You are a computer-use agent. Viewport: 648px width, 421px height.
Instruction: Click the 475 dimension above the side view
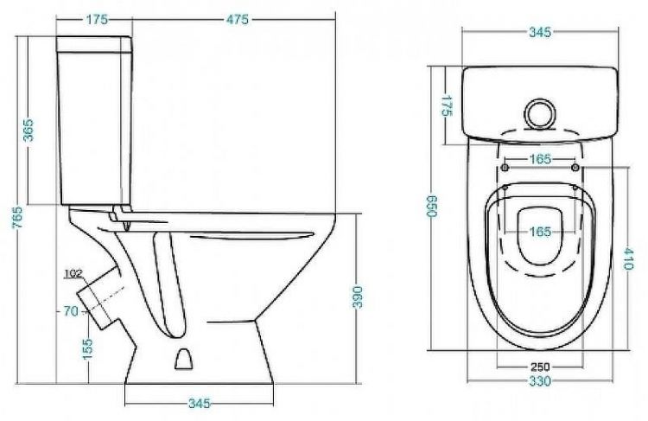click(x=238, y=19)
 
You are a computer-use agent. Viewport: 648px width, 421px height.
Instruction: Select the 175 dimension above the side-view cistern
click(x=97, y=19)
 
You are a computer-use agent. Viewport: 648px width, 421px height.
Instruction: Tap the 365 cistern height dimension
click(x=29, y=130)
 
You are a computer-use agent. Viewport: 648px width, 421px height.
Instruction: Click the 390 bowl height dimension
click(x=357, y=297)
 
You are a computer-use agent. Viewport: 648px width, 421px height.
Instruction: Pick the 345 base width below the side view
click(x=200, y=403)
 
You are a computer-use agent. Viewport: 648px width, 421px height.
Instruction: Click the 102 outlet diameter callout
click(x=73, y=273)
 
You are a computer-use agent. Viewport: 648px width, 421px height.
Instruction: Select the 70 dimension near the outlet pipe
click(x=71, y=311)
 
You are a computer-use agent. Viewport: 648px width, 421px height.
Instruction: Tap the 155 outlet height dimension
click(x=87, y=349)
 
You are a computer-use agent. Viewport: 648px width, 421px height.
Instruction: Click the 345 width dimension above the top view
click(x=540, y=32)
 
